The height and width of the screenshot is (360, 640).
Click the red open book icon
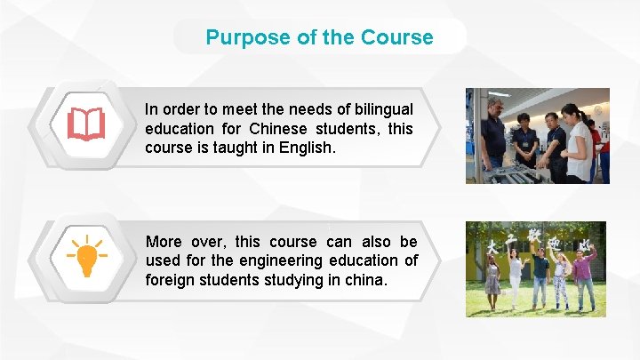(86, 125)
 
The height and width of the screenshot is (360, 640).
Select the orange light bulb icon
(86, 257)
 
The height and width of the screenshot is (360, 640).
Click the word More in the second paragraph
(164, 242)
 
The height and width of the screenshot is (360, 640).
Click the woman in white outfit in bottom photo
(516, 277)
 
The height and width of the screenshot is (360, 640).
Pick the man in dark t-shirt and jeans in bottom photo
(540, 277)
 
